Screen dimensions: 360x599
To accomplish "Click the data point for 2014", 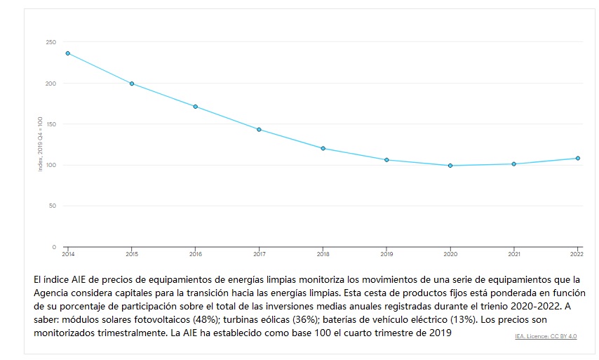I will coord(68,53).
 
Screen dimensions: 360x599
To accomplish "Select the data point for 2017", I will coord(259,130).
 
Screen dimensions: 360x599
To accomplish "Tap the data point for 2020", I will coord(450,166).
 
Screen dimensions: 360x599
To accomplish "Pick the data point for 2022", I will coord(578,159).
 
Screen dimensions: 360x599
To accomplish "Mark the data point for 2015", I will coord(132,84).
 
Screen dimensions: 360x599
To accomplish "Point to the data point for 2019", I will coord(386,160).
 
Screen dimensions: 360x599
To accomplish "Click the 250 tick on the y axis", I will coord(51,43).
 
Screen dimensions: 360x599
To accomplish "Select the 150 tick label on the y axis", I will coord(51,124).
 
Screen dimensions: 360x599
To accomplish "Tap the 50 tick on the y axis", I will coord(52,206).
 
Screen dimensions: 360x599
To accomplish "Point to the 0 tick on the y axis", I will coord(54,247).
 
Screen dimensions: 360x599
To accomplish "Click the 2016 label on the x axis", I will coord(196,253).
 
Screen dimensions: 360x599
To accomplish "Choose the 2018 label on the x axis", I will coord(323,253).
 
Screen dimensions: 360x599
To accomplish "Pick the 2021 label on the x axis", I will coord(514,253).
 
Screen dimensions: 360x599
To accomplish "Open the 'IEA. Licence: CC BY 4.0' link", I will coord(545,337).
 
